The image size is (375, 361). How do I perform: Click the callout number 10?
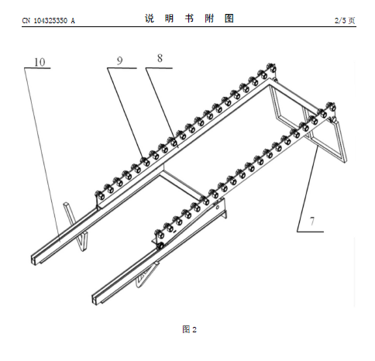40,62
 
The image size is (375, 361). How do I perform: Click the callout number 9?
119,60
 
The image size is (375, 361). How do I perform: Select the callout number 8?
160,58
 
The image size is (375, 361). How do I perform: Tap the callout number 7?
312,222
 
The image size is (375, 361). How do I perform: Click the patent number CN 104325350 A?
49,20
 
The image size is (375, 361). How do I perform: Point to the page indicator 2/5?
340,20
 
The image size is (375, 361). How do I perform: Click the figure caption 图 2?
190,329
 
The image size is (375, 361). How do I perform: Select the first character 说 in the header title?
150,19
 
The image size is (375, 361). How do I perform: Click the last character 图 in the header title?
229,19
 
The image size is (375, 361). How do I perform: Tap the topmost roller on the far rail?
271,68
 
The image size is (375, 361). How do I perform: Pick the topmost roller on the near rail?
331,107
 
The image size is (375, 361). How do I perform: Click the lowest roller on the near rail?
160,234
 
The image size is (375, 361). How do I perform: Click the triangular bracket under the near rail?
146,275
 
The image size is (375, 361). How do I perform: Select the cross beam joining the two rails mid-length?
181,184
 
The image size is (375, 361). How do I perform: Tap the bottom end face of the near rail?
96,299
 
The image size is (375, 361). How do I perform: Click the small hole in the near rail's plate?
218,207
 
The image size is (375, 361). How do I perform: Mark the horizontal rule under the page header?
189,26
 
